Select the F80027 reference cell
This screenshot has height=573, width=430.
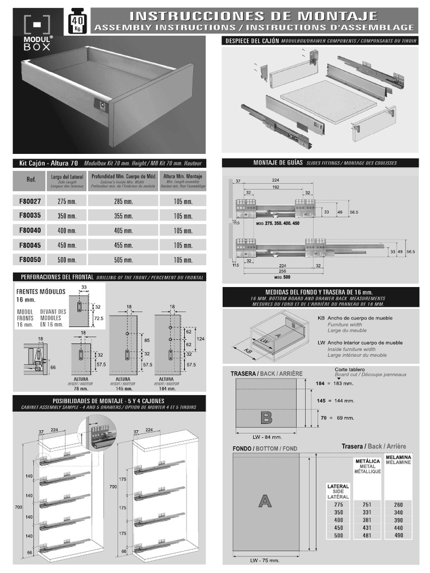pos(30,201)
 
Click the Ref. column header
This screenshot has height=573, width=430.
pos(31,180)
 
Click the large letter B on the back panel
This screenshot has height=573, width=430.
pos(267,417)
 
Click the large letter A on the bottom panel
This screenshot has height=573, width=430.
pos(265,501)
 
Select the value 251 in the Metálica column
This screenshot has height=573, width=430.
pos(367,504)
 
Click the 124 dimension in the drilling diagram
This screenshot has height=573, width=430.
pos(200,339)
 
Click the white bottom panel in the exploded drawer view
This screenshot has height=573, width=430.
pos(328,101)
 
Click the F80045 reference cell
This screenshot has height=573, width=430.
pos(30,245)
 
